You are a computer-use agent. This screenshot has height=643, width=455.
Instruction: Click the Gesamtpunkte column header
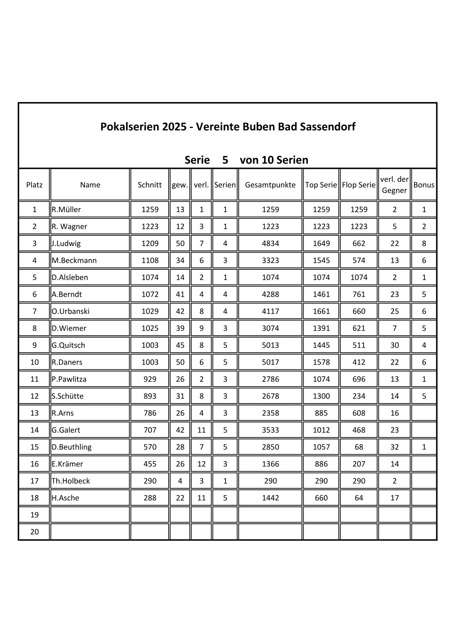coord(270,185)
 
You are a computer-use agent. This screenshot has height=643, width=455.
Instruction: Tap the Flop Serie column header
coord(359,185)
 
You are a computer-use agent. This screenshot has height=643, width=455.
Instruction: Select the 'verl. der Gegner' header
coord(394,185)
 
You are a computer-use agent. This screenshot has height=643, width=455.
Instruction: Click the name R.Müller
coord(67,209)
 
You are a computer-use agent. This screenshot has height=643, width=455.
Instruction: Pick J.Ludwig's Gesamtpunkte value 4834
coord(270,243)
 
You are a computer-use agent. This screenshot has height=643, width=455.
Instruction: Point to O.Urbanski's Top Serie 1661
coord(321,311)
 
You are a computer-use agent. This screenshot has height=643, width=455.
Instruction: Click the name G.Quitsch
coord(68,345)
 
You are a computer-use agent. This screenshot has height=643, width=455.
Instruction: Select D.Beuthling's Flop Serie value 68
coord(359,447)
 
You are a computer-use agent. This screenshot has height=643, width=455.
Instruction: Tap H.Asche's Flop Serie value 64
coord(359,498)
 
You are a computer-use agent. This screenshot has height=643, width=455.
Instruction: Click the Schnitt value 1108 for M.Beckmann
coord(149,261)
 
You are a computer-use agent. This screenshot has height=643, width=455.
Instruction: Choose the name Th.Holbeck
coord(71,481)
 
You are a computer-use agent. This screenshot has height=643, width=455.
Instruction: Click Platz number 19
coord(34,515)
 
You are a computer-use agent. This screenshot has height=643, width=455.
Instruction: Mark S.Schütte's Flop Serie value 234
coord(359,396)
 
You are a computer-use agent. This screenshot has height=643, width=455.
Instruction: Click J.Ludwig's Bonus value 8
coord(424,243)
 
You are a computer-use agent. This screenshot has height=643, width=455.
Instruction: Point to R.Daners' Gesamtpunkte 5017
coord(270,362)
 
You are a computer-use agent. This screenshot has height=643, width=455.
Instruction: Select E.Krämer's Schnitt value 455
coord(149,464)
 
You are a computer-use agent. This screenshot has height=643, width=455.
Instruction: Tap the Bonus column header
coord(424,185)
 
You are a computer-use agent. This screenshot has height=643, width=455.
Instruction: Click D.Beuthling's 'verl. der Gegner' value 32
coord(394,447)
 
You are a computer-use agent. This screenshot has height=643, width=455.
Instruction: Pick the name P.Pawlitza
coord(69,379)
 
